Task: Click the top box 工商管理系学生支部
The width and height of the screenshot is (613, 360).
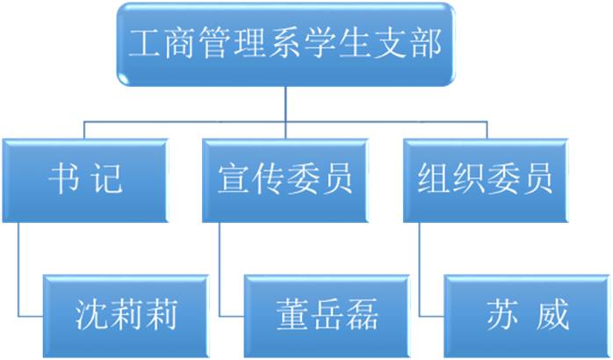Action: point(285,44)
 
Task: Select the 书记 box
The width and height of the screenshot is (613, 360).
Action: point(85,181)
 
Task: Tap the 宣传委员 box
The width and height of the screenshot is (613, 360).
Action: point(285,181)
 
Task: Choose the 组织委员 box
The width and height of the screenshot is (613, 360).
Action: point(486,181)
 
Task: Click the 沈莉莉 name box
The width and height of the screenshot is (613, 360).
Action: point(126,316)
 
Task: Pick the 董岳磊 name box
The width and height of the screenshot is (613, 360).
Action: point(327,316)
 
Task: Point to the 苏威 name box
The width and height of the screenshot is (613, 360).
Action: point(527,316)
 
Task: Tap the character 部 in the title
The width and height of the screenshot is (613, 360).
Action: point(427,43)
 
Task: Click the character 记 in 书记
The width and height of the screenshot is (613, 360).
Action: point(106,179)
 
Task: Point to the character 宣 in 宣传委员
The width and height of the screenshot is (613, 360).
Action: point(234,179)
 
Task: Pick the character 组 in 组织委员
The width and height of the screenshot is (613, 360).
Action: point(434,179)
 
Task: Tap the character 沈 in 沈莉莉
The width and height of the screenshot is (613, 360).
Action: point(91,314)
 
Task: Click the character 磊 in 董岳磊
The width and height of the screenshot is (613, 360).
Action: point(362,314)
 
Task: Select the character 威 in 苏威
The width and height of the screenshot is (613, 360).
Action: point(552,314)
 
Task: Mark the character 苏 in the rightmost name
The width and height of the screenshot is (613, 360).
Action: point(502,314)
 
